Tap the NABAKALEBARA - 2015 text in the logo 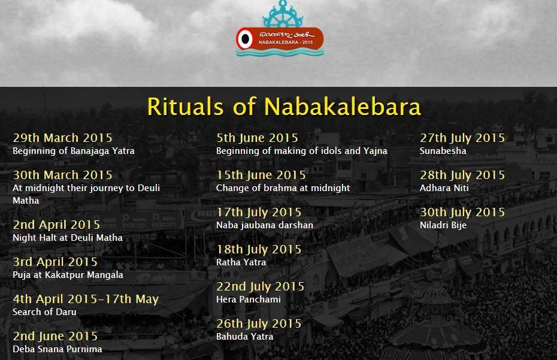286,42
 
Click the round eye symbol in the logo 244,39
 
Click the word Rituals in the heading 186,106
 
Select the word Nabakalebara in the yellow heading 343,106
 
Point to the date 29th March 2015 62,138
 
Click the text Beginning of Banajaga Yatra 74,151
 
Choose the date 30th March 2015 62,175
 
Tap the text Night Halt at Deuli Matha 68,238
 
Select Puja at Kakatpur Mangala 68,275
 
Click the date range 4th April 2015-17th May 86,300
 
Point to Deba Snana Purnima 57,349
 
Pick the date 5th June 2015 257,138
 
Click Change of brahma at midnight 283,188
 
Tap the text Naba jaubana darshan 265,225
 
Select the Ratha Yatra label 241,262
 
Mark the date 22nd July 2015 261,286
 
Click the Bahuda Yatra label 245,337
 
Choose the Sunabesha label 443,151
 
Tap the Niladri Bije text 443,225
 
